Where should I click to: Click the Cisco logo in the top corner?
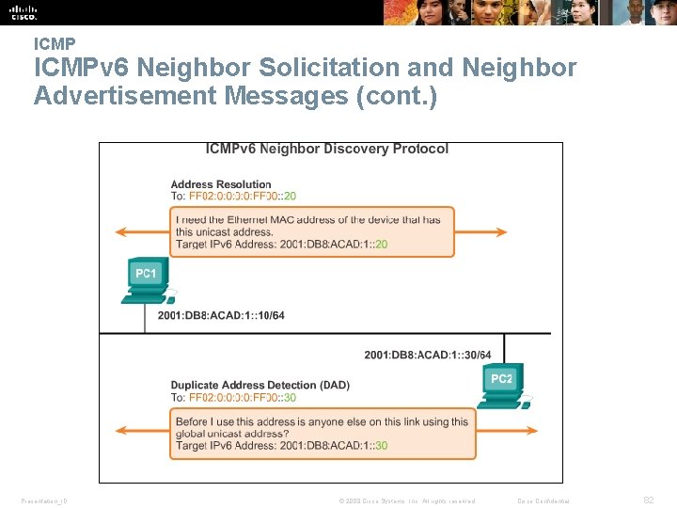(x=24, y=12)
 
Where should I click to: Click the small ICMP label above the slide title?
(x=54, y=43)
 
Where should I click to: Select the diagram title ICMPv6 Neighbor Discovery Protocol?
(x=327, y=149)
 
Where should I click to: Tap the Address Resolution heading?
(x=220, y=184)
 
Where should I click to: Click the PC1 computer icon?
(x=145, y=279)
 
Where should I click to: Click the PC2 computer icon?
(x=501, y=386)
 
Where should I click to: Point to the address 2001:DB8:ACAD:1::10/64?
(x=221, y=315)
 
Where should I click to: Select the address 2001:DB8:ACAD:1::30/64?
(x=428, y=355)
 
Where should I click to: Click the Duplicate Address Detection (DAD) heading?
(x=260, y=385)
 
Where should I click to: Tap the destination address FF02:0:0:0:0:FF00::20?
(x=243, y=197)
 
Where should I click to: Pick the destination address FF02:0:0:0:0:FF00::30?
(x=243, y=397)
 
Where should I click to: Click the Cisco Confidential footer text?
(x=544, y=500)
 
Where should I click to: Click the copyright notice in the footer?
(x=407, y=500)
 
